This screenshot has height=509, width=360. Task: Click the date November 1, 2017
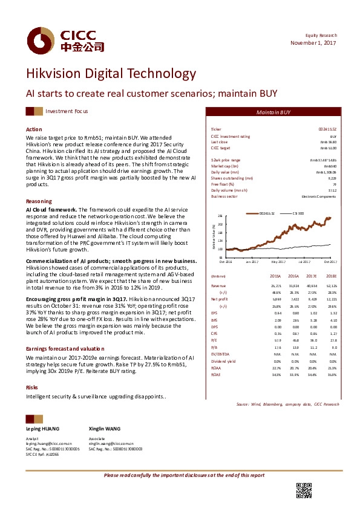tap(313, 43)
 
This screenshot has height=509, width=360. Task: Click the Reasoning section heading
tap(38, 201)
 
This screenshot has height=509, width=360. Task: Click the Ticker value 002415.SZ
tap(327, 130)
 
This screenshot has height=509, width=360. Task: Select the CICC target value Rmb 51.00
tap(327, 148)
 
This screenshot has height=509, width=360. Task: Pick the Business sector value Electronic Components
tap(318, 196)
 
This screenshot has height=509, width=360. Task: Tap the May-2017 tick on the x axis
tap(278, 262)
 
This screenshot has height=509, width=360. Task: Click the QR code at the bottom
tap(303, 490)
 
